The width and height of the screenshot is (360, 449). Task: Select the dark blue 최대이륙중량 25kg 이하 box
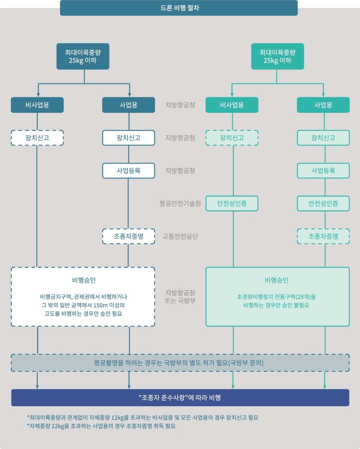[x=83, y=56]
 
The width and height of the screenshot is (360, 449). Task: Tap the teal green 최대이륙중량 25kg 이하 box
[x=277, y=56]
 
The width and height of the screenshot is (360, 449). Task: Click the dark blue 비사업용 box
[x=37, y=105]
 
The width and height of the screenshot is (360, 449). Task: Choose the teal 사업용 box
[x=323, y=105]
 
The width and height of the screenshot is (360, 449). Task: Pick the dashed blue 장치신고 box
[x=37, y=138]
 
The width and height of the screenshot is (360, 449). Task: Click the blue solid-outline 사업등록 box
[x=128, y=171]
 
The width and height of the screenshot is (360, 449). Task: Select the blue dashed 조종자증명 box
[x=128, y=236]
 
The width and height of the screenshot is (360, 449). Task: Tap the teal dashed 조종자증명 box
[x=323, y=236]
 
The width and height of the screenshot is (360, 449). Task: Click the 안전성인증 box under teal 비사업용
[x=232, y=203]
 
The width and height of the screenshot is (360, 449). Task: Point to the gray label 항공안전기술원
[x=180, y=203]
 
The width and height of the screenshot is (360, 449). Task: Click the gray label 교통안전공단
[x=180, y=237]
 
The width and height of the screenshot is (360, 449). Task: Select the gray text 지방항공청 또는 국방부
[x=180, y=297]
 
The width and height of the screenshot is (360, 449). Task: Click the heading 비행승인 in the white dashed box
[x=84, y=280]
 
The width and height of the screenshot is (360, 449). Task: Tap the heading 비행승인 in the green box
[x=276, y=280]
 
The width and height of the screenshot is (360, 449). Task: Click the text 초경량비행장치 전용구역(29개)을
[x=276, y=297]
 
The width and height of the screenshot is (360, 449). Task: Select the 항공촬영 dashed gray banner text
[x=179, y=363]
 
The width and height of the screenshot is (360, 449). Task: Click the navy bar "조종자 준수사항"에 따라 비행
[x=180, y=398]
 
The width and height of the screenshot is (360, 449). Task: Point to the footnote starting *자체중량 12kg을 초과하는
[x=101, y=426]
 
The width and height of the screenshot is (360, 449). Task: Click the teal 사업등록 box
[x=323, y=171]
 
